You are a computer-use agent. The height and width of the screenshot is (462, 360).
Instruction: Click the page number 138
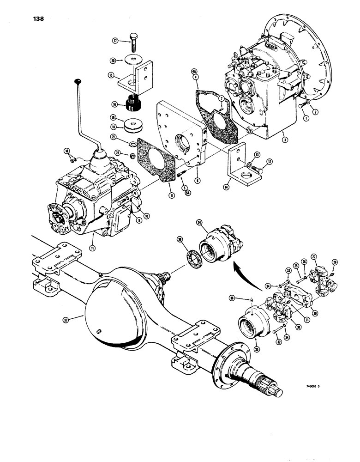pos(38,19)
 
